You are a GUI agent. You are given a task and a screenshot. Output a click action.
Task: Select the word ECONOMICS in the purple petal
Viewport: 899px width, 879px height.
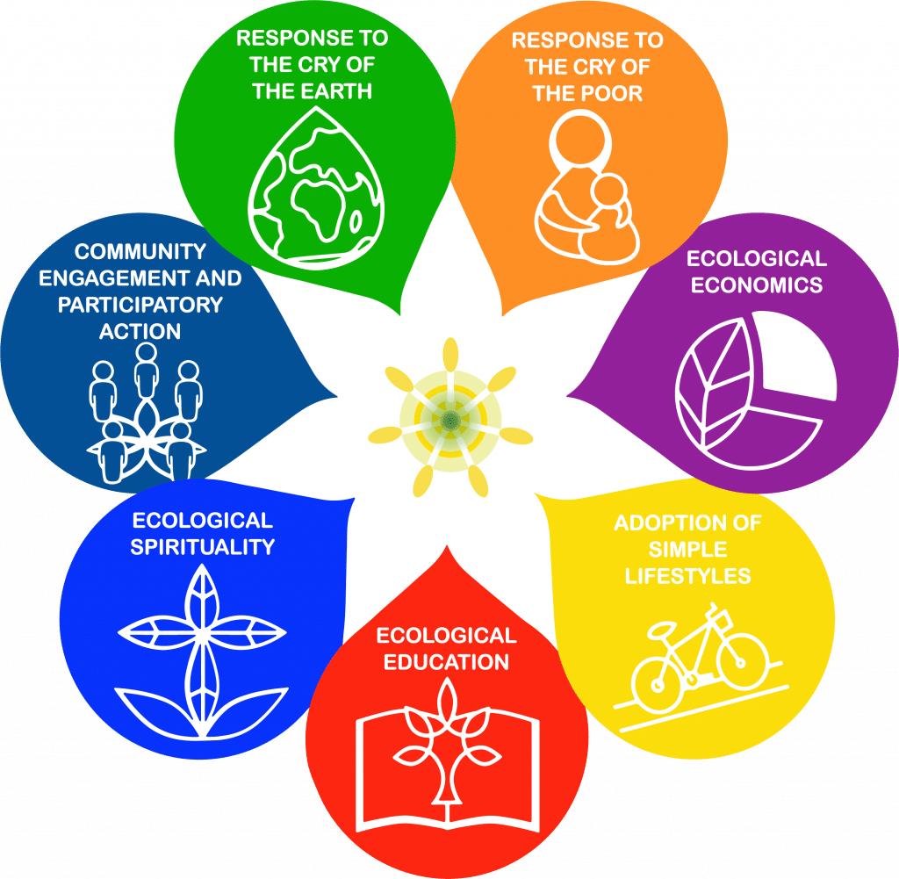point(756,285)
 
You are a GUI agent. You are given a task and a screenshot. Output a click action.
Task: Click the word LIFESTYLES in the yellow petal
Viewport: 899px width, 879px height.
point(687,576)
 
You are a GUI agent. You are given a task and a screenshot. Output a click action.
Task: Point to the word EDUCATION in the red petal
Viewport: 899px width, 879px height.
point(446,662)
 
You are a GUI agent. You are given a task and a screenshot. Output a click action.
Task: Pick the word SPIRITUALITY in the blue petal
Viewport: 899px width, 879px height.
point(203,547)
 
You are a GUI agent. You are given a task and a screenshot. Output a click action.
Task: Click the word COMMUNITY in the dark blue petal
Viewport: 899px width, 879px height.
point(140,252)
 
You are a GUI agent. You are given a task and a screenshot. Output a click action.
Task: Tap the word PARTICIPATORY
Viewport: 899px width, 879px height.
point(140,305)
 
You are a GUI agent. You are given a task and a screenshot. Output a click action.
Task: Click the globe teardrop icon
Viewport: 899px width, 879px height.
point(316,188)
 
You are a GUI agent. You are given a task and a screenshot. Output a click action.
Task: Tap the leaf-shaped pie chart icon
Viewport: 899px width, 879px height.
point(756,391)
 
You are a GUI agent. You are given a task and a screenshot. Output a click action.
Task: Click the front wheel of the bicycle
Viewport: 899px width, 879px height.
point(743,660)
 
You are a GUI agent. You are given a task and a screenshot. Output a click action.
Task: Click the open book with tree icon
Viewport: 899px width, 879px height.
point(448,756)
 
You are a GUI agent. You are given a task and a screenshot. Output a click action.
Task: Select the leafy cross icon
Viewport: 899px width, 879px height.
point(202,652)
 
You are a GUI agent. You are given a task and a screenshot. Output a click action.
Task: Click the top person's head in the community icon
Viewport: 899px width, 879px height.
point(147,352)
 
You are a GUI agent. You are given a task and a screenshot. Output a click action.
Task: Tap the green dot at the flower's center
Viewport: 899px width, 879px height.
point(450,421)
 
